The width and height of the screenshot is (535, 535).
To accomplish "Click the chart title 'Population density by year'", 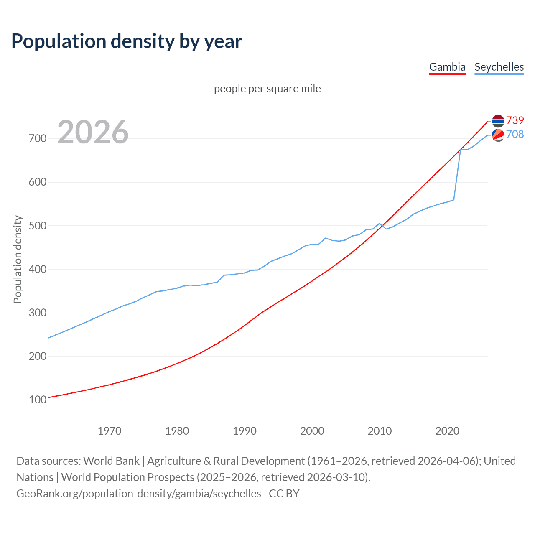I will (127, 41).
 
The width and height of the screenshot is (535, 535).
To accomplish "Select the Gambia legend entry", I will (447, 67).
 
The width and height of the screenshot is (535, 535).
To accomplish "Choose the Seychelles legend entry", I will (499, 67).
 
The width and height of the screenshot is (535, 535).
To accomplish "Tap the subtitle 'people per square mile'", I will (267, 89).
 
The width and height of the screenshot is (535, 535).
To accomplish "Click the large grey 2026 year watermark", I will (93, 132).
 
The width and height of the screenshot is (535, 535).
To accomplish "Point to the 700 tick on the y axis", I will (38, 138).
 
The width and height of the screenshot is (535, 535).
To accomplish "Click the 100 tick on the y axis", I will (38, 400).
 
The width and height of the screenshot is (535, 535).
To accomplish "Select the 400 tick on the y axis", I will (38, 269).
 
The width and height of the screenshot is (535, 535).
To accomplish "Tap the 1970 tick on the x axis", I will (110, 431).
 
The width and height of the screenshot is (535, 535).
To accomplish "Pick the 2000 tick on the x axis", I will (312, 431).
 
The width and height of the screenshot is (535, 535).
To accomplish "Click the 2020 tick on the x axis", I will (447, 431).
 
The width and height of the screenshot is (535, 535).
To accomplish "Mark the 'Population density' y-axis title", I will (18, 259).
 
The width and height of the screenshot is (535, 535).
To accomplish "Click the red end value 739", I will (515, 120).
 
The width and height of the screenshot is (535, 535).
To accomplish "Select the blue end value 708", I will (515, 134).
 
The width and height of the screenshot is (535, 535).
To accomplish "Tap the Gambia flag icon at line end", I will (498, 121).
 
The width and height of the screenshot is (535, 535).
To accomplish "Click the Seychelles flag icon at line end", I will (498, 135).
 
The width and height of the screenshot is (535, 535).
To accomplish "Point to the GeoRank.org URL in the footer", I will (139, 494).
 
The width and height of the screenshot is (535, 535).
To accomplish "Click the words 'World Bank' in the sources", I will (111, 461).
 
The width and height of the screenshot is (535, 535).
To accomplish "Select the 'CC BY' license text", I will (284, 494).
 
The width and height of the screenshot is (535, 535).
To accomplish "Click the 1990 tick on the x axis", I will (245, 431).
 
